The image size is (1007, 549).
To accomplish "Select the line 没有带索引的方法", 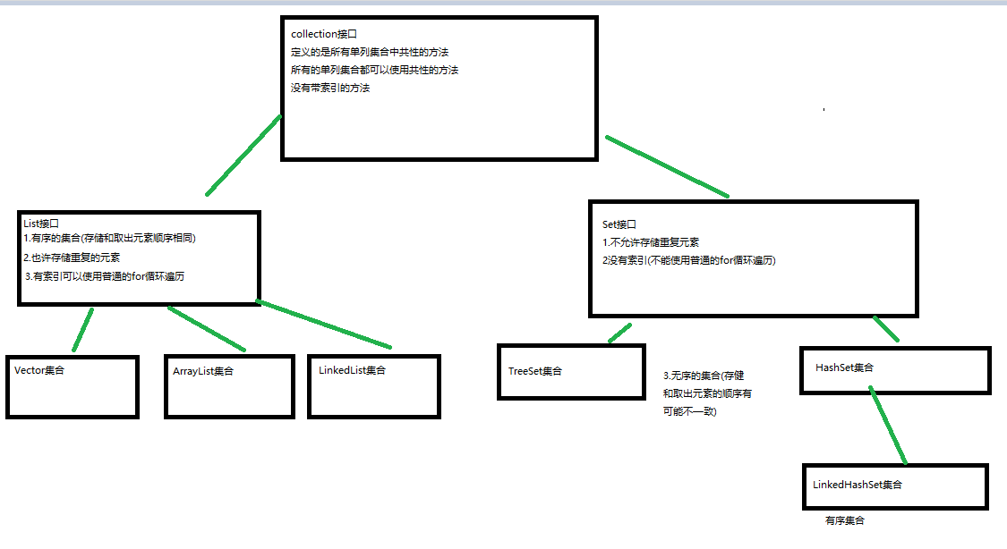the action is [x=330, y=89].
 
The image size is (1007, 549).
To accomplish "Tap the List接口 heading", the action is [x=41, y=224].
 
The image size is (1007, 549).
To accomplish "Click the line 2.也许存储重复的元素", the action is [x=73, y=258].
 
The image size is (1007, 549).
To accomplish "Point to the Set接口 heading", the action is [x=619, y=224].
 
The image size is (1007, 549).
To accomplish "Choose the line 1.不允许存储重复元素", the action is [x=651, y=242].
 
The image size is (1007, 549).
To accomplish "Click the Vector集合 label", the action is [x=40, y=369].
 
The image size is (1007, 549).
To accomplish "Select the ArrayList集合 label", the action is [x=203, y=371].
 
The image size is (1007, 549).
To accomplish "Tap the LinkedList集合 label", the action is [x=352, y=370].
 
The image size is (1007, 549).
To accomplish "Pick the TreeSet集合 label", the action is [x=535, y=371].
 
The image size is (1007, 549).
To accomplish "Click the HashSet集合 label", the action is [x=845, y=367].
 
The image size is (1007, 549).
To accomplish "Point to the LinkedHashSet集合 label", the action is [x=858, y=485].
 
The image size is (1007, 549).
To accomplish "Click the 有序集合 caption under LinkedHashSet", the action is [x=845, y=520].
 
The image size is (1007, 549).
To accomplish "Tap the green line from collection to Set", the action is [x=668, y=166].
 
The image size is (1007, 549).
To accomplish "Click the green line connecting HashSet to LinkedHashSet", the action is [x=889, y=427].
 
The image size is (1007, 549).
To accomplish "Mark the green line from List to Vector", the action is [x=82, y=329].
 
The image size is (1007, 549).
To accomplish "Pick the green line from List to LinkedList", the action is [x=324, y=325].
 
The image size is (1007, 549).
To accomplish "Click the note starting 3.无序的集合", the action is [x=707, y=393].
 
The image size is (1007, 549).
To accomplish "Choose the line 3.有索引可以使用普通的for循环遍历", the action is [x=106, y=276].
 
